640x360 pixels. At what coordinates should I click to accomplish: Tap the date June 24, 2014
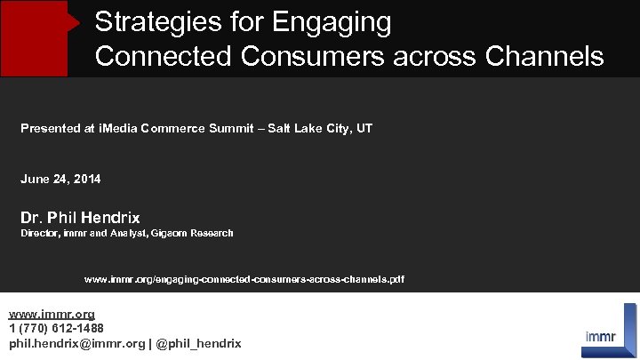[x=60, y=180]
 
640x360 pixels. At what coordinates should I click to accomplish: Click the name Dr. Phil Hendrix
[x=80, y=218]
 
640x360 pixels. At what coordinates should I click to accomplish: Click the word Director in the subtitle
[x=40, y=234]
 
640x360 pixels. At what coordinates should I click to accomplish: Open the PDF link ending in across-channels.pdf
[x=244, y=280]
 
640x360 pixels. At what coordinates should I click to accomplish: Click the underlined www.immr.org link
[x=52, y=315]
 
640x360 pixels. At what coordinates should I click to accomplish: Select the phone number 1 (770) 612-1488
[x=56, y=329]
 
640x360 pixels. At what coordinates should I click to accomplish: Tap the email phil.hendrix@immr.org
[x=76, y=343]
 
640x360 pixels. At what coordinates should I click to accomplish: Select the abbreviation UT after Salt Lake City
[x=364, y=129]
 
